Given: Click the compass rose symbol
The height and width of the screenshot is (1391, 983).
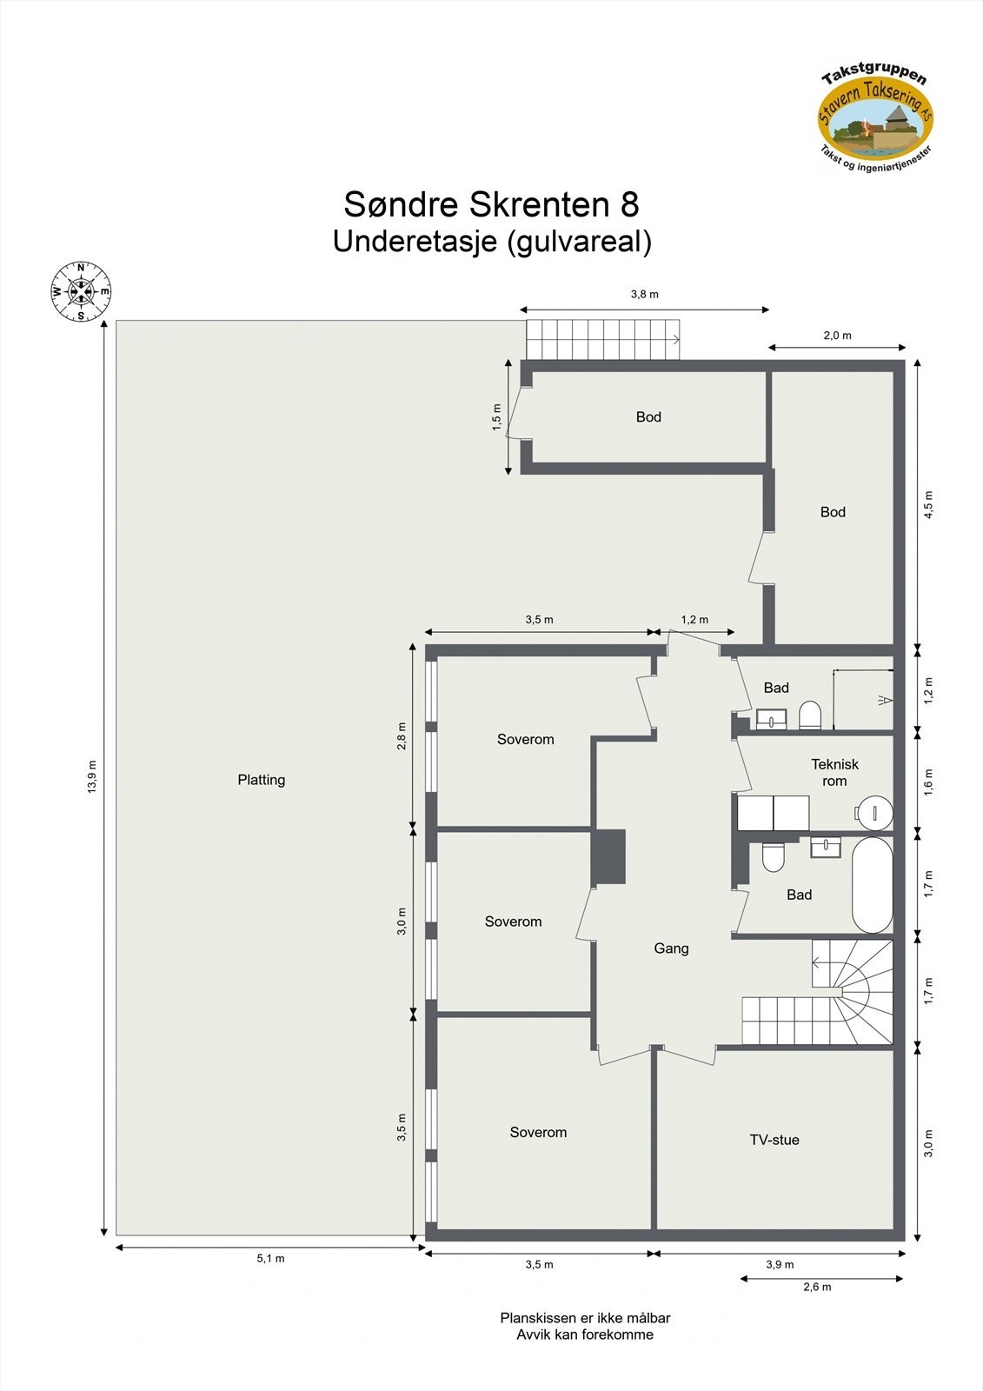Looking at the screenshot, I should [81, 291].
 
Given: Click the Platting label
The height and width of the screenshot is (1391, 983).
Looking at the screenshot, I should [261, 780].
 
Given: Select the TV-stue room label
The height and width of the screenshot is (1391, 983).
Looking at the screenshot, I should [774, 1140].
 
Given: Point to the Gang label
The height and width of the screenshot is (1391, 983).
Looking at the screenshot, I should [671, 948].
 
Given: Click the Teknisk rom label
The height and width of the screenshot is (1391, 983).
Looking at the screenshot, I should [834, 772].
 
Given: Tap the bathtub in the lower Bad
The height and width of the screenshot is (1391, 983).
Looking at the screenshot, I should [872, 884].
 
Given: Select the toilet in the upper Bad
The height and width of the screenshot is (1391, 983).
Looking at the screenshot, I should [810, 715].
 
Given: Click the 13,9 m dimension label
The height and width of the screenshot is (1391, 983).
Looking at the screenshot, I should [93, 776].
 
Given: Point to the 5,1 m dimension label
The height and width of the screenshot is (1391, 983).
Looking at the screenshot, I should [270, 1258].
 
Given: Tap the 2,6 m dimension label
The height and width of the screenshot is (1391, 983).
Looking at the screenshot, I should [817, 1287].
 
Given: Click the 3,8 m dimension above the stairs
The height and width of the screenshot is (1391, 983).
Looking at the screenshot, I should [644, 294].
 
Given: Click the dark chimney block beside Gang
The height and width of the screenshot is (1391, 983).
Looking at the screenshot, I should [608, 857].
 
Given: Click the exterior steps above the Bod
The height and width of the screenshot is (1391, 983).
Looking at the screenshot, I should [602, 339].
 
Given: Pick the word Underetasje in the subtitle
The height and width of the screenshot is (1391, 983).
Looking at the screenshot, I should [415, 242].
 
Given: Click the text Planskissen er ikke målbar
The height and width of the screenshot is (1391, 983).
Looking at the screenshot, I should [584, 1318].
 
